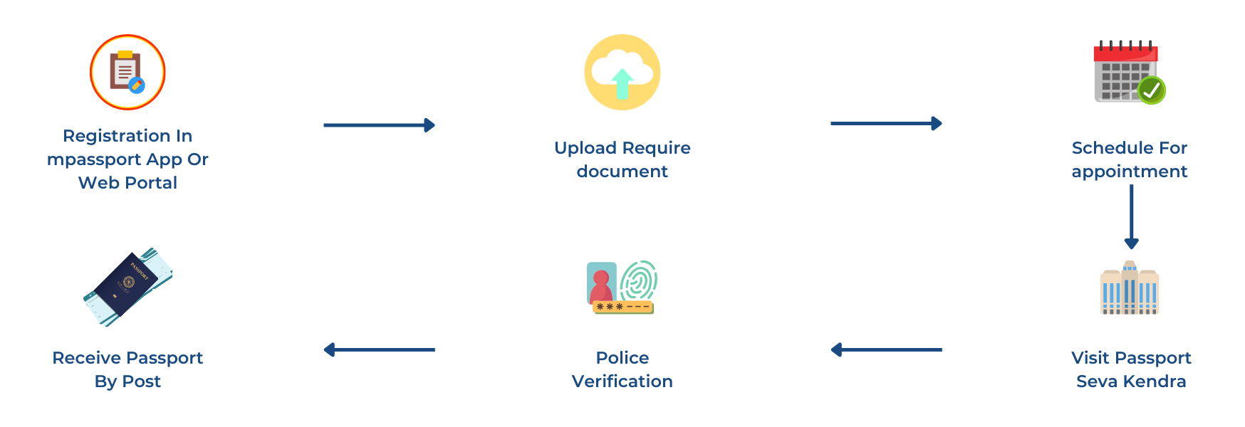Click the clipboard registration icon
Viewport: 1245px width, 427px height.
click(127, 73)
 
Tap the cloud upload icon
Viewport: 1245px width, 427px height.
click(622, 73)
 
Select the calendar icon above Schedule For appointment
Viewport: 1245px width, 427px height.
click(1125, 73)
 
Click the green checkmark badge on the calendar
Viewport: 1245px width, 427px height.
click(1151, 90)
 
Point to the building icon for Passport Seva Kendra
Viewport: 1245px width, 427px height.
click(1130, 288)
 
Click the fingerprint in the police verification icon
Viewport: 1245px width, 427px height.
click(639, 280)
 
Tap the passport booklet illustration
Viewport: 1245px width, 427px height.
click(128, 288)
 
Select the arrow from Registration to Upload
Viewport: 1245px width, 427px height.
click(379, 125)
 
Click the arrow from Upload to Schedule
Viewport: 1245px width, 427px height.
click(886, 124)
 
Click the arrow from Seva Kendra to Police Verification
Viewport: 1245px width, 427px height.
click(886, 349)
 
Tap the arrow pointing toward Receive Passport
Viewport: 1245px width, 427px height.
click(379, 349)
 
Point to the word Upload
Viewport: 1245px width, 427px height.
click(585, 148)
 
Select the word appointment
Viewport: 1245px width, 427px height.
click(1130, 172)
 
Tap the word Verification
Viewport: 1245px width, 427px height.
click(622, 381)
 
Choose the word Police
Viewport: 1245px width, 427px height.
click(622, 358)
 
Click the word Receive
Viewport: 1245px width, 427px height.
click(87, 358)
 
